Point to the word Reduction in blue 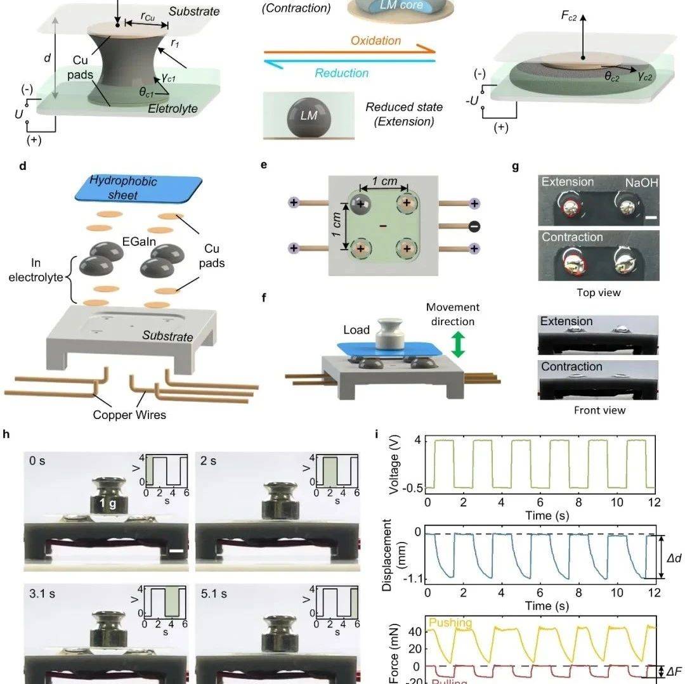click(x=341, y=73)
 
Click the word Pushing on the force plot click(x=451, y=623)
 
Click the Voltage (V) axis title click(x=393, y=465)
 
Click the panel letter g click(x=515, y=167)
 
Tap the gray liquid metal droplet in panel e click(x=360, y=205)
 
